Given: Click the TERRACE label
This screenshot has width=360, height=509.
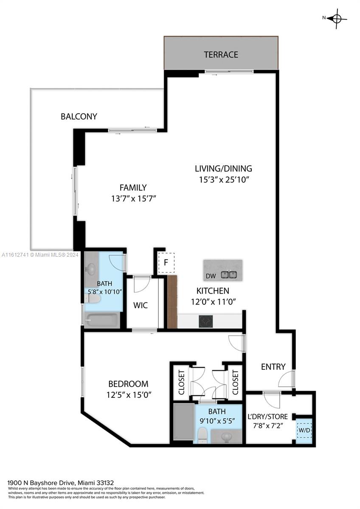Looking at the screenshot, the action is (221, 55).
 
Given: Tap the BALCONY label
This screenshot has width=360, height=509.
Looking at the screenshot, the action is (79, 116).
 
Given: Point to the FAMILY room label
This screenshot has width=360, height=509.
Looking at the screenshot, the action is (133, 187).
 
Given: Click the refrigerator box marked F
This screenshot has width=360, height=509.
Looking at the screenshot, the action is (166, 263).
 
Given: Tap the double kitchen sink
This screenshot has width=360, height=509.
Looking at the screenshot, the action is (229, 275).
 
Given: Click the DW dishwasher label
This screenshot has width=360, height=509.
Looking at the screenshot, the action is (211, 276).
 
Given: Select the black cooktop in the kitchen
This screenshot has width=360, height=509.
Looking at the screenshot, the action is (206, 322).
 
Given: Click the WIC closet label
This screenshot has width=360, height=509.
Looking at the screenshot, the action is (141, 305).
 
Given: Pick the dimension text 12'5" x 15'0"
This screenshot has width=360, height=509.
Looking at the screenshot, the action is (129, 395).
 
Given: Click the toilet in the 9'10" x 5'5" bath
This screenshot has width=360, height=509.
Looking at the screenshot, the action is (202, 435).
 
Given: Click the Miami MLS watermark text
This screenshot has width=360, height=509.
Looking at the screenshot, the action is (40, 255).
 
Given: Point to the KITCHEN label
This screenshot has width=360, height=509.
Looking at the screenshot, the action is (213, 291).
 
